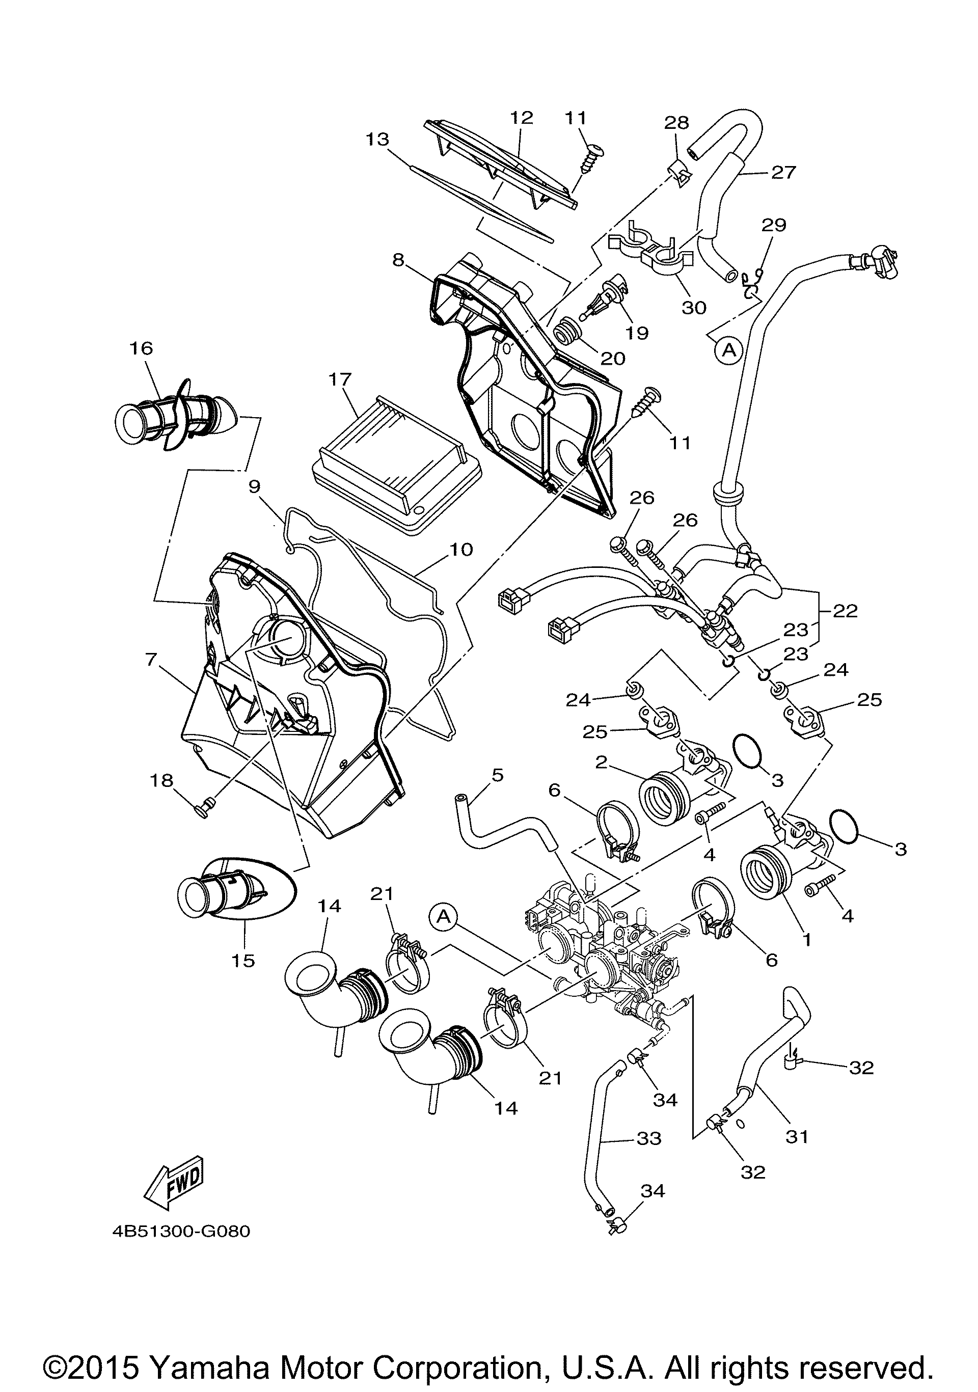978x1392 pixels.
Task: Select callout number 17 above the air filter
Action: tap(340, 379)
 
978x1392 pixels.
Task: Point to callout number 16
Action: tap(141, 348)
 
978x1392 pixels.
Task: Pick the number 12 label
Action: tap(522, 117)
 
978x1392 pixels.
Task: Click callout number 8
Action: tap(398, 260)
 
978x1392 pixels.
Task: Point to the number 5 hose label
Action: tap(497, 775)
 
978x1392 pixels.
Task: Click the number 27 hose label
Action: tap(783, 172)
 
